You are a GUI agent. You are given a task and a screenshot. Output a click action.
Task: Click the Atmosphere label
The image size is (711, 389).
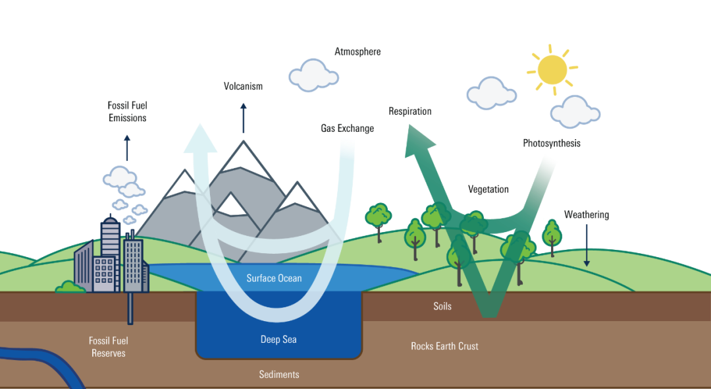tap(357, 51)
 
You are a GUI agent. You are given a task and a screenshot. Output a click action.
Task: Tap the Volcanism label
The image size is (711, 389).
tap(243, 86)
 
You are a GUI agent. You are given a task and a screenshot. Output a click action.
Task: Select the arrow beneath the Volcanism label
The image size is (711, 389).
tap(244, 118)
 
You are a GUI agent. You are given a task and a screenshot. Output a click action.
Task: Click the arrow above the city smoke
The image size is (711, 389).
tap(127, 148)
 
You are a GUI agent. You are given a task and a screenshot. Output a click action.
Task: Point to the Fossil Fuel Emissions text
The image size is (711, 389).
tap(128, 111)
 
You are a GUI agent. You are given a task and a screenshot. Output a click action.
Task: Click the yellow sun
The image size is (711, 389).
tap(552, 70)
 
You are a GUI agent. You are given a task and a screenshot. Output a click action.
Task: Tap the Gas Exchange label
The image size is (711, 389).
tap(348, 129)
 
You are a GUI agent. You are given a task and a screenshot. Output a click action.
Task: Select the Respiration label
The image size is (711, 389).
tap(410, 111)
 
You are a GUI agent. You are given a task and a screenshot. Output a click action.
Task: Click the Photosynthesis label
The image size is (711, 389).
tap(552, 144)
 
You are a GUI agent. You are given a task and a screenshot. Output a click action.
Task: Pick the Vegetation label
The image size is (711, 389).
tap(488, 189)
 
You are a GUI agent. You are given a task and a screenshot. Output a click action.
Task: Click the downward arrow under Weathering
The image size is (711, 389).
tap(587, 245)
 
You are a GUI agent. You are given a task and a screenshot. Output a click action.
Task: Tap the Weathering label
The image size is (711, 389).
tap(587, 215)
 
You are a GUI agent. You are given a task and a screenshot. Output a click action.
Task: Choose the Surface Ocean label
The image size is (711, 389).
tap(274, 278)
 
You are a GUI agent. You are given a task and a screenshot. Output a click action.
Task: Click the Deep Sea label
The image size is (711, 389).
tap(278, 340)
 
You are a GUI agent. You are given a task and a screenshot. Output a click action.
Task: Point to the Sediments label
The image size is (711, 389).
tap(279, 374)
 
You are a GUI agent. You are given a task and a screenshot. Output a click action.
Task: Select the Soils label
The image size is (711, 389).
tap(442, 307)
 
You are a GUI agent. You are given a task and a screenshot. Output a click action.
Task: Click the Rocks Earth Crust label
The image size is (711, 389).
tap(444, 346)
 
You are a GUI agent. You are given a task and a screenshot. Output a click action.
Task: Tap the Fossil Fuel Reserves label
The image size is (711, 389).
tap(109, 347)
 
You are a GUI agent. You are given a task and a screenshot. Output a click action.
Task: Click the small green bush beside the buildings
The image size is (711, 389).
tap(70, 287)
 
